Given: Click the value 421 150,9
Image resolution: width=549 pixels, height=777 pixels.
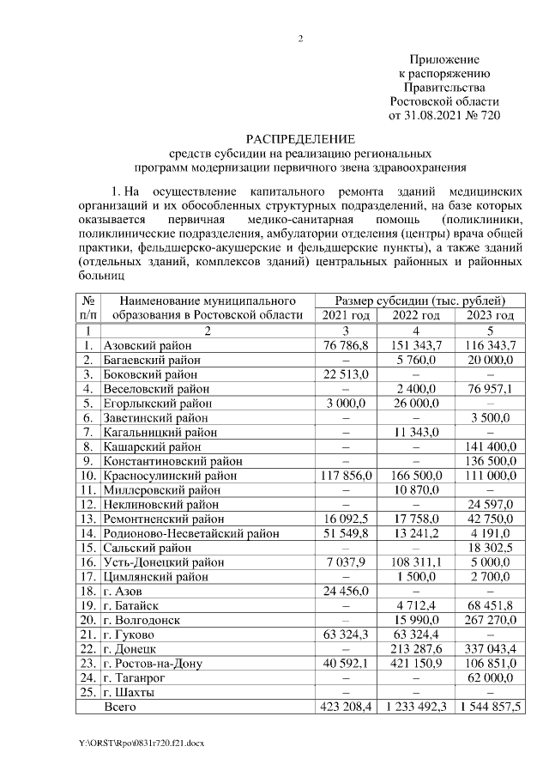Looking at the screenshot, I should click(417, 664).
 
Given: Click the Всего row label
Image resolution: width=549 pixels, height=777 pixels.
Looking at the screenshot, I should click(120, 707).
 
